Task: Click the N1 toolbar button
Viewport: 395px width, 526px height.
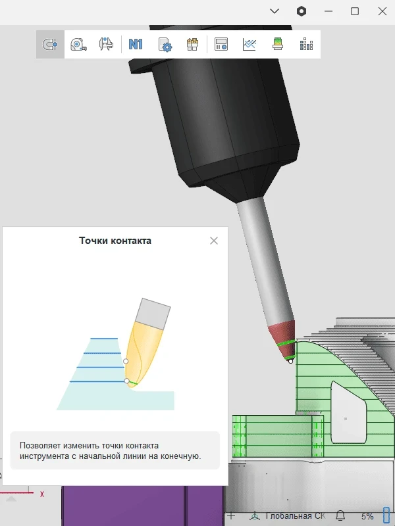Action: click(x=136, y=44)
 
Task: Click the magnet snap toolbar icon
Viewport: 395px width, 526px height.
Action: click(x=50, y=44)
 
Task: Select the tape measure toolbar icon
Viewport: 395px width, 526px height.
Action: click(x=78, y=44)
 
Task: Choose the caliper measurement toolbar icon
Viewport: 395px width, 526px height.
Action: click(x=106, y=44)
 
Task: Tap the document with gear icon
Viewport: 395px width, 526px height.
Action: click(x=165, y=45)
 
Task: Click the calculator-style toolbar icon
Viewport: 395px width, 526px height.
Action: click(x=221, y=44)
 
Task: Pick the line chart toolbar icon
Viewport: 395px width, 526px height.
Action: click(x=250, y=44)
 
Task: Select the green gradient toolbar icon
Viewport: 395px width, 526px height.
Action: click(x=277, y=44)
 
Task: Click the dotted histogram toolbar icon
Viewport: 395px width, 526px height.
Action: click(x=306, y=44)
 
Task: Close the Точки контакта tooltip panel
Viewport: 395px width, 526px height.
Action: click(x=214, y=241)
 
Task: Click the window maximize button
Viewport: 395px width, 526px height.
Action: click(x=355, y=11)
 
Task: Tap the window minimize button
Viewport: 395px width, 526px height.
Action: click(x=329, y=11)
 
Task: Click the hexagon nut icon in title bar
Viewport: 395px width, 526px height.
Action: click(x=302, y=11)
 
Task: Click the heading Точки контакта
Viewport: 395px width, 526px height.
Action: click(x=115, y=241)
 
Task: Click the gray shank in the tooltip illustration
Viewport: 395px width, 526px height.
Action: click(x=153, y=314)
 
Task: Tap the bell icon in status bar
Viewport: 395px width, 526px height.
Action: click(x=340, y=515)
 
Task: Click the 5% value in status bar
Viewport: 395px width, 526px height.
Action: click(x=367, y=516)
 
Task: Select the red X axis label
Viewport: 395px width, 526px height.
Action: click(x=42, y=494)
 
